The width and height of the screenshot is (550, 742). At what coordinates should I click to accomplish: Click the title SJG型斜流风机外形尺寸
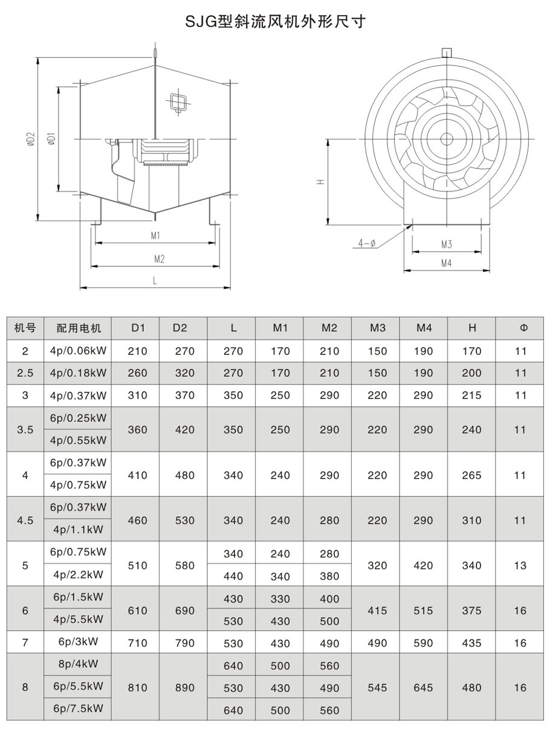(274, 22)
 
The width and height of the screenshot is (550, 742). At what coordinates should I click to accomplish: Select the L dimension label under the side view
(155, 281)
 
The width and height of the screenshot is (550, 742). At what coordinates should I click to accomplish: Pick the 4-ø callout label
(366, 243)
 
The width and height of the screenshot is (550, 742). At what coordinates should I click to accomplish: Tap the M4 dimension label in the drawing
(446, 263)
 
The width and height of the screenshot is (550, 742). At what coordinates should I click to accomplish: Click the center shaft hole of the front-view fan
(447, 139)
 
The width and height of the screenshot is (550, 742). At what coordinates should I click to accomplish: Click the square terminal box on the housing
(179, 101)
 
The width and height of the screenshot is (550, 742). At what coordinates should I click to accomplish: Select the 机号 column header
(25, 328)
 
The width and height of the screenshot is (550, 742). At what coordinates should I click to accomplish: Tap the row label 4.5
(25, 520)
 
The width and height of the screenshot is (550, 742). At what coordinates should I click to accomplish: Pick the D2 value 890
(184, 688)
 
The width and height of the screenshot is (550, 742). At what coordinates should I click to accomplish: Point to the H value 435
(471, 643)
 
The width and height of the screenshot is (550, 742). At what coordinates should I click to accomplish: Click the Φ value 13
(521, 565)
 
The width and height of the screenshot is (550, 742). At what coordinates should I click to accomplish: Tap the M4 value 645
(424, 688)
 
